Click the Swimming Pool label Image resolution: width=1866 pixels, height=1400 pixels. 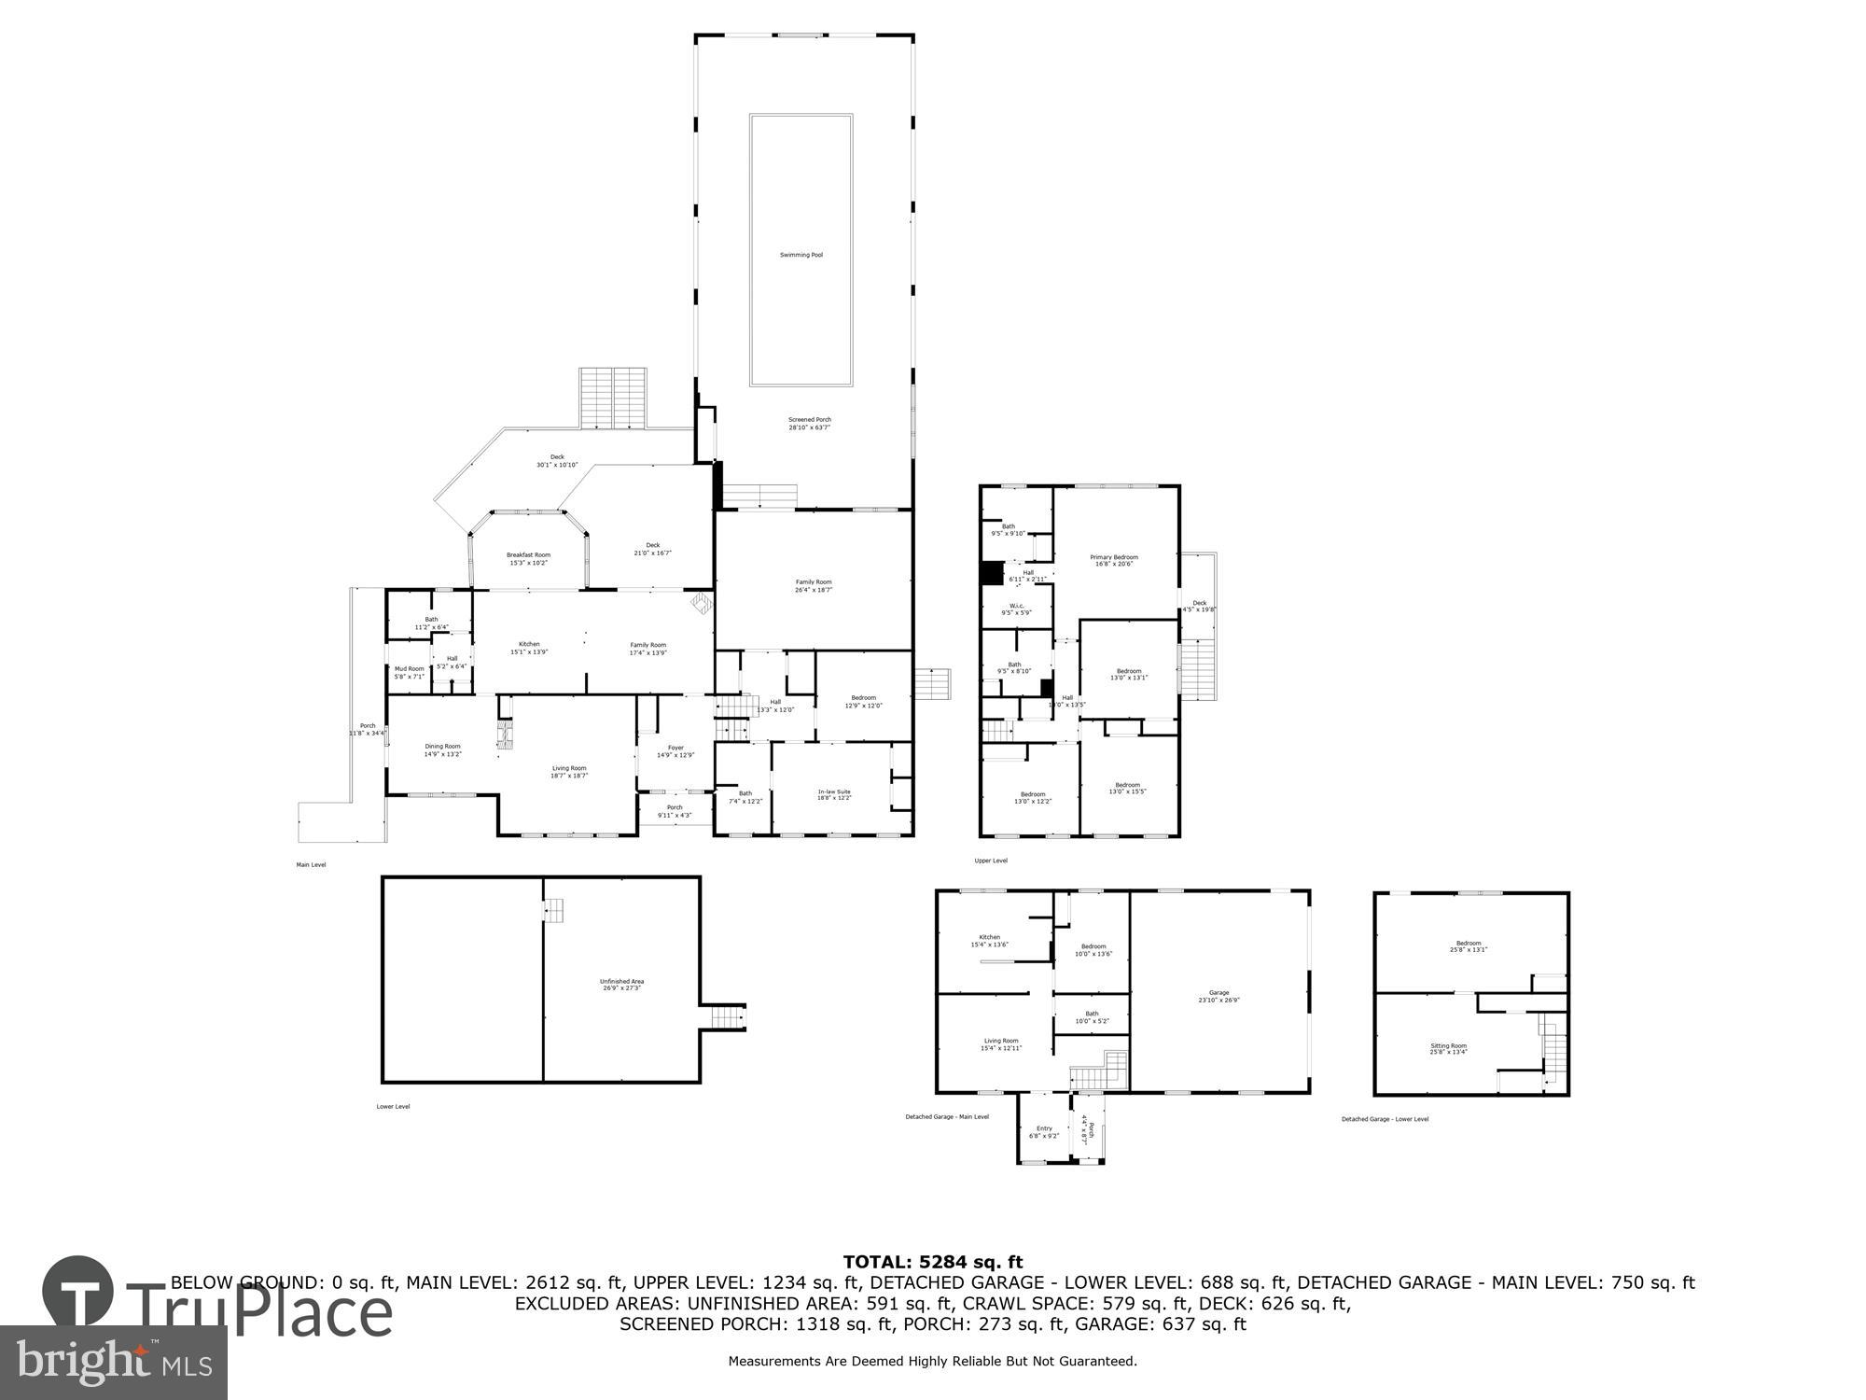[x=801, y=255]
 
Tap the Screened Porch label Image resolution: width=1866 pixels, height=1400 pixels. [x=809, y=423]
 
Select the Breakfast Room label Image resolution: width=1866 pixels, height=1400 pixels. [x=528, y=558]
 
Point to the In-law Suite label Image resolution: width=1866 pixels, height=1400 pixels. [x=834, y=794]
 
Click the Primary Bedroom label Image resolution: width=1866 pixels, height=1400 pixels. [x=1113, y=560]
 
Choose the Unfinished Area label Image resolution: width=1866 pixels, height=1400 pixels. [x=621, y=984]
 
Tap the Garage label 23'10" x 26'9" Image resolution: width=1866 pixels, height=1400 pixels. [x=1218, y=996]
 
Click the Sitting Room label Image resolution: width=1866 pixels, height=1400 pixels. [x=1448, y=1048]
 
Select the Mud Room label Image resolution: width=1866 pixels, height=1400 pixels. [x=409, y=672]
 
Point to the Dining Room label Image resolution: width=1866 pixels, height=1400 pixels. [x=442, y=749]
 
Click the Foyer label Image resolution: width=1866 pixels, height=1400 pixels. [x=675, y=750]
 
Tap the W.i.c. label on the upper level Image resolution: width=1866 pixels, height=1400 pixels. [x=1016, y=609]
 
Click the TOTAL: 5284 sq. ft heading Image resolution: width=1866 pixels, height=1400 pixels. [x=933, y=1263]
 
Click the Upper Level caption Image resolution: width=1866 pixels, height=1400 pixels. [x=991, y=861]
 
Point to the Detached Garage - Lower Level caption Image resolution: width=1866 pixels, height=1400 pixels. [x=1385, y=1119]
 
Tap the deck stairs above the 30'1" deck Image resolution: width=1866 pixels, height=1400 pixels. [x=612, y=399]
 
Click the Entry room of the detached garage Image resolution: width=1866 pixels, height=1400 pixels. [x=1043, y=1132]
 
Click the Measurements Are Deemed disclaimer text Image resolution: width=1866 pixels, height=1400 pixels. [x=932, y=1362]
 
